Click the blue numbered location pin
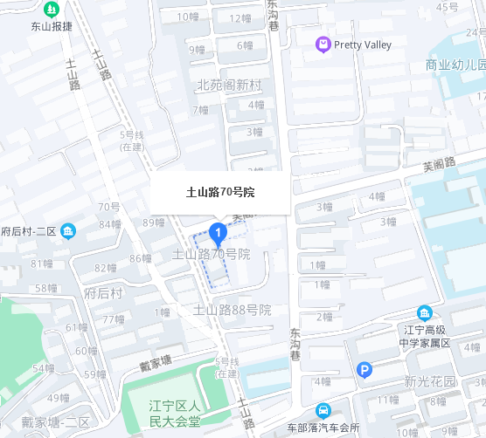[218, 232]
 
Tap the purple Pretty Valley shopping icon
[323, 44]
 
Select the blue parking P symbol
[364, 371]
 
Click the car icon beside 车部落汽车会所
[323, 410]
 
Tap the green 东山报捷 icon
[52, 10]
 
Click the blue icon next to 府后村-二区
[69, 231]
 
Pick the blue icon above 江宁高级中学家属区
[424, 313]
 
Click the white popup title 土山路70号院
[219, 192]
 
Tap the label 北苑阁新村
[230, 85]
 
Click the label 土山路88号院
[233, 310]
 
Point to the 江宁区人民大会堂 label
[175, 413]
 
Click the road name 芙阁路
[440, 163]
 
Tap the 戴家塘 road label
[160, 359]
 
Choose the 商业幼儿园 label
[455, 65]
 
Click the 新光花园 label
[430, 381]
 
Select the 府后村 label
[103, 293]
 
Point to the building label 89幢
[153, 222]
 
